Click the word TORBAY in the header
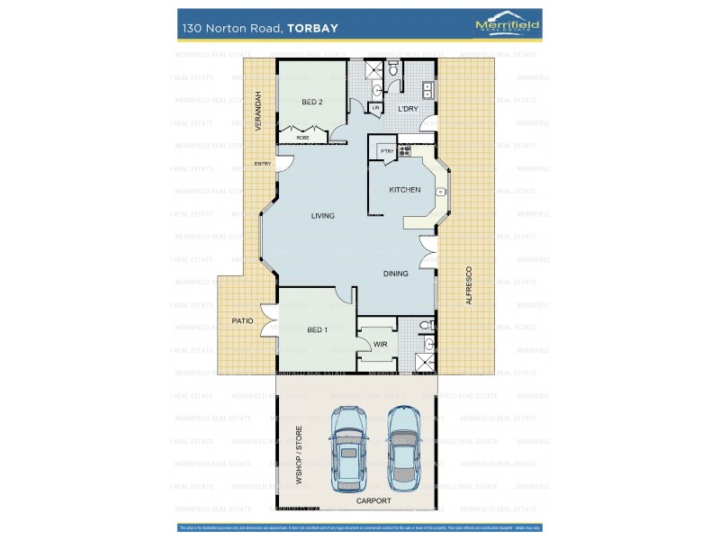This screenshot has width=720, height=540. tap(312, 28)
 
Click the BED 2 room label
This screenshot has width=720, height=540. tap(312, 103)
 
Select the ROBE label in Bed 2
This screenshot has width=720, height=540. tap(302, 138)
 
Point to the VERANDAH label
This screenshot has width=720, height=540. tap(257, 112)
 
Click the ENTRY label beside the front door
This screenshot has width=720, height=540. tap(263, 164)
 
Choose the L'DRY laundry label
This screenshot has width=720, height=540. tap(409, 109)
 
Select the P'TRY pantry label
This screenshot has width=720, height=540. tap(385, 151)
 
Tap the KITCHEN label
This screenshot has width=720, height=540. tap(404, 190)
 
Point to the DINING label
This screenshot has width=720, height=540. tap(397, 274)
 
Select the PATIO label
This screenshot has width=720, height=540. tap(242, 320)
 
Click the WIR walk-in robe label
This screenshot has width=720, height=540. tap(379, 343)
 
